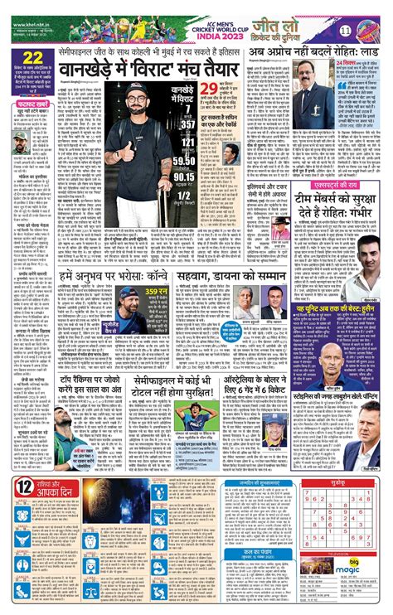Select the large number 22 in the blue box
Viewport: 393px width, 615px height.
tap(34, 58)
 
